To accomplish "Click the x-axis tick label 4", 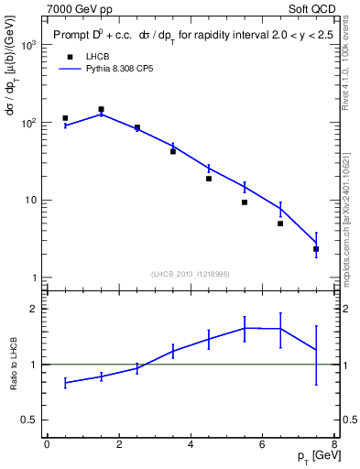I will pyautogui.click(x=191, y=444).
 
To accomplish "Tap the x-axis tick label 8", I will pyautogui.click(x=334, y=444).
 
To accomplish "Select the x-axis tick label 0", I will pyautogui.click(x=47, y=444).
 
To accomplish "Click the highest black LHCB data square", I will pyautogui.click(x=101, y=109).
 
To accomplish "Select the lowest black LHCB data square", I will pyautogui.click(x=316, y=249).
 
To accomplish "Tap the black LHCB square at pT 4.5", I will pyautogui.click(x=209, y=179).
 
